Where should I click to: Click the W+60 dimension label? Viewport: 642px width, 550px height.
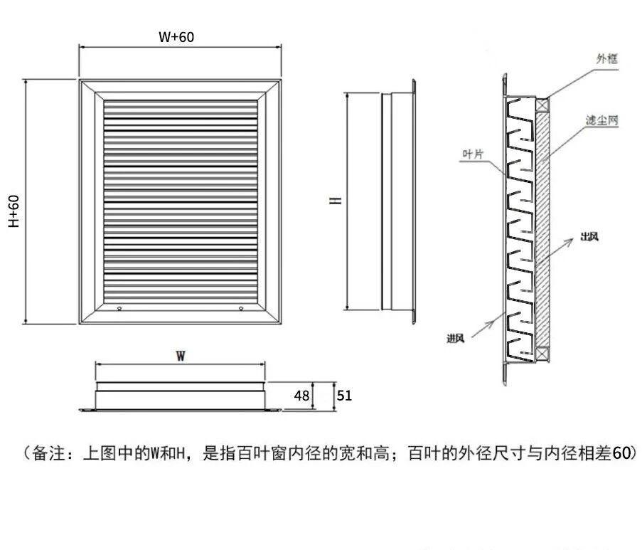point(176,37)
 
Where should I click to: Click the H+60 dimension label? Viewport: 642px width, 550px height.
point(14,211)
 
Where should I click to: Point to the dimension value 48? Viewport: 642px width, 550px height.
point(302,396)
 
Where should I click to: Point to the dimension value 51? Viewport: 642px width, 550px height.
point(344,396)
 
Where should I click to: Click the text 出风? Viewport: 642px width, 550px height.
point(588,237)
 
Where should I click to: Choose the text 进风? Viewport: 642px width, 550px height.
point(456,338)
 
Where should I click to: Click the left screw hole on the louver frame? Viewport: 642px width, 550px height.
point(119,308)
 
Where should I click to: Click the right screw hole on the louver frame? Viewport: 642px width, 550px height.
point(242,308)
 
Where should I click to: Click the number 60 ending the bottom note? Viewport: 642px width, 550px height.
point(620,453)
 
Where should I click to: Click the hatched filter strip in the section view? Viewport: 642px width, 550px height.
point(543,228)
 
